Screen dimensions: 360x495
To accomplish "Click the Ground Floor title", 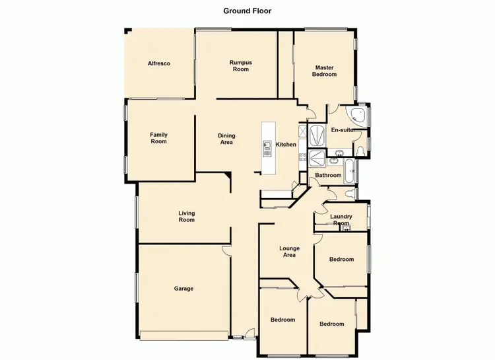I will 247,11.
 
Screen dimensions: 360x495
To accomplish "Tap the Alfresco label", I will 160,63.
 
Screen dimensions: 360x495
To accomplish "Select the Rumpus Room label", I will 240,65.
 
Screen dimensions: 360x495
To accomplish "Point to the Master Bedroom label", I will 324,71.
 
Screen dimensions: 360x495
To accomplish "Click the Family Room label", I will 158,137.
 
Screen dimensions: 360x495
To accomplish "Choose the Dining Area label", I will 226,139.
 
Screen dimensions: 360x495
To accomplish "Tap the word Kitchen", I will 286,145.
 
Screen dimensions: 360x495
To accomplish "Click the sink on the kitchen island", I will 268,147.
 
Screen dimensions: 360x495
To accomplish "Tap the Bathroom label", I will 328,176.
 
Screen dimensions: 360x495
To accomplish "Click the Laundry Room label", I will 341,220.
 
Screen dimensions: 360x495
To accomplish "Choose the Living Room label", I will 187,216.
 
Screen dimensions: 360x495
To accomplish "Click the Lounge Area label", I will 290,251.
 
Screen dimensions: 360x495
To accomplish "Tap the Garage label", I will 183,288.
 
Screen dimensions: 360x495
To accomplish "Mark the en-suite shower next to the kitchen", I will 317,135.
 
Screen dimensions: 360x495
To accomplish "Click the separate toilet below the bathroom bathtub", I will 348,194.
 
